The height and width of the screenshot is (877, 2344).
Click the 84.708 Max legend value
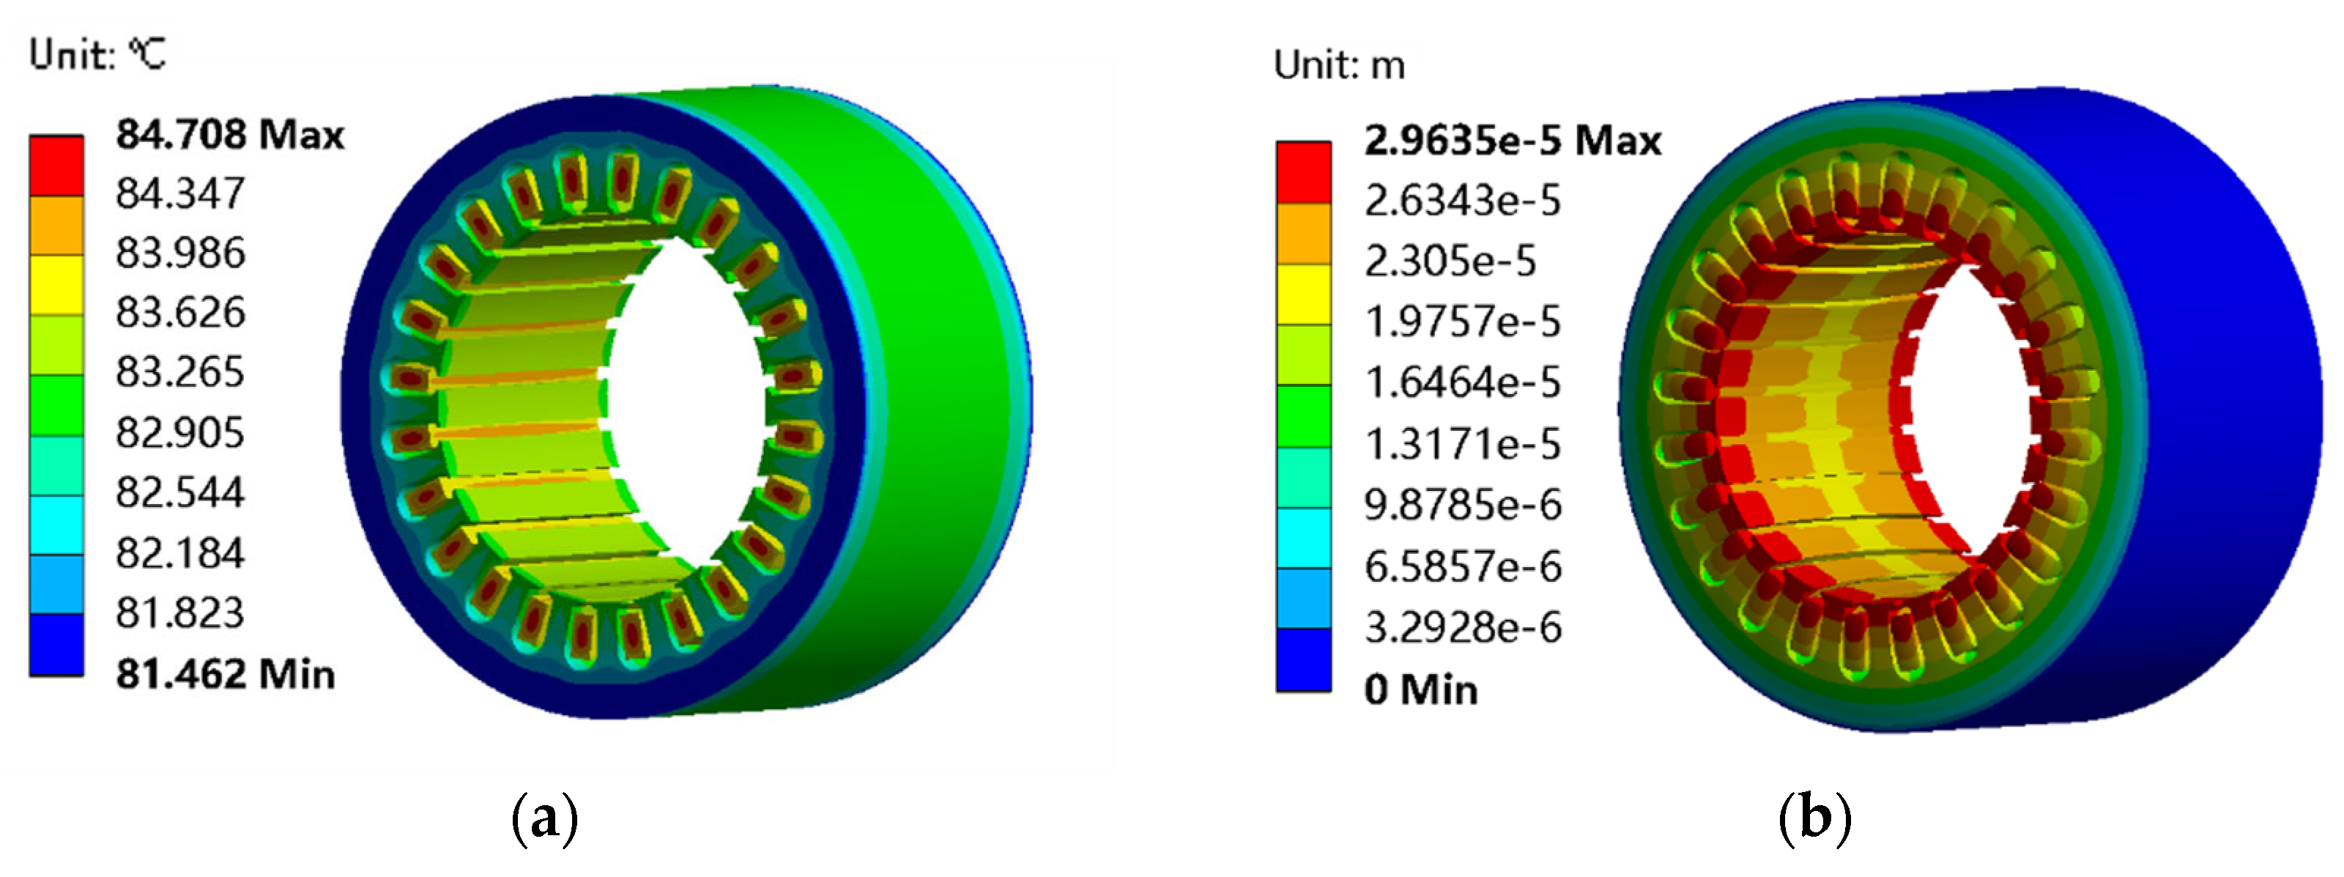(x=229, y=136)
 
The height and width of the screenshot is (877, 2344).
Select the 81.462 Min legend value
(x=225, y=675)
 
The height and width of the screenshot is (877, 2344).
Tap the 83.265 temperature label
(x=180, y=372)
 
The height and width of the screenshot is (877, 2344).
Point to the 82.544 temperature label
(x=180, y=492)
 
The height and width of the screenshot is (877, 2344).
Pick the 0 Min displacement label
(x=1420, y=689)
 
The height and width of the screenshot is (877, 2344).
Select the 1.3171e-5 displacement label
(x=1462, y=445)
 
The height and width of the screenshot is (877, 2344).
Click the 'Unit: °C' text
(x=97, y=55)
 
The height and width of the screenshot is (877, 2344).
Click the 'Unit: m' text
(x=1338, y=65)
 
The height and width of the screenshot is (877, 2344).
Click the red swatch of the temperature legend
(x=56, y=166)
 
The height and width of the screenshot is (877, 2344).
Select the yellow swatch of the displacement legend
(x=1303, y=294)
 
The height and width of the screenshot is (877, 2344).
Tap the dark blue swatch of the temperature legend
(x=56, y=644)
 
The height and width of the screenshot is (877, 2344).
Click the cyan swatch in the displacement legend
(x=1303, y=538)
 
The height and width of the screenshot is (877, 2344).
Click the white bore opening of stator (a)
(x=687, y=400)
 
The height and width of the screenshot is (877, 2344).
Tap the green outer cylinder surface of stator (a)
(x=938, y=382)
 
